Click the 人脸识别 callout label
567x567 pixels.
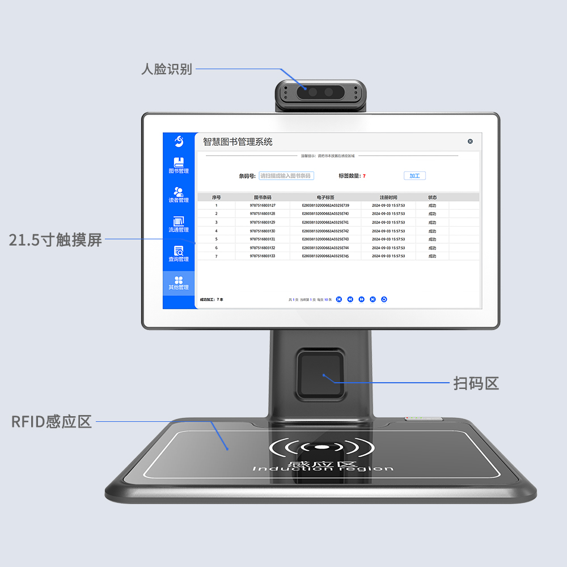point(167,69)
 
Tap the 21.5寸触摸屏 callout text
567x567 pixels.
point(56,240)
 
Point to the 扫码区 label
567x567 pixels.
point(476,383)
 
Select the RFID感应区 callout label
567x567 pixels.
point(52,422)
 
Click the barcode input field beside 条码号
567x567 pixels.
point(286,176)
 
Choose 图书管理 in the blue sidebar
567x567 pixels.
point(179,165)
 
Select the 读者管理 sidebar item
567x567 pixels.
point(179,194)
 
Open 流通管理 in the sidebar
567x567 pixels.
point(179,224)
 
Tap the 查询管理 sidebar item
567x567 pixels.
point(179,253)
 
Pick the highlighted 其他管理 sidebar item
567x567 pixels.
point(179,283)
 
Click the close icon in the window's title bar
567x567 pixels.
point(470,141)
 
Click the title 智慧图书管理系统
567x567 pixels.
point(238,142)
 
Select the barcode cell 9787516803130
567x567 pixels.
point(263,231)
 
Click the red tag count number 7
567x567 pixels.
point(364,176)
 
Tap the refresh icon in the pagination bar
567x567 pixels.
point(384,299)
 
